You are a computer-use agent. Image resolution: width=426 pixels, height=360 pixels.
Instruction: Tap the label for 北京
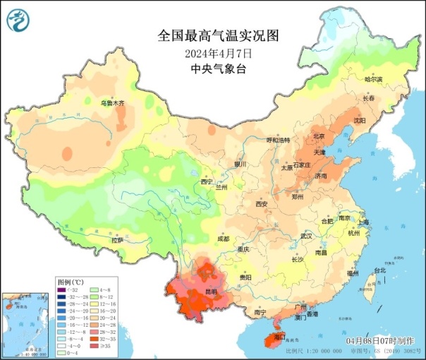click(x=319, y=136)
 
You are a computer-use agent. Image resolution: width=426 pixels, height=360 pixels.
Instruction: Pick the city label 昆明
click(x=210, y=291)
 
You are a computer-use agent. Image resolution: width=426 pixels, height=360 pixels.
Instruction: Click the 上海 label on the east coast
click(x=363, y=222)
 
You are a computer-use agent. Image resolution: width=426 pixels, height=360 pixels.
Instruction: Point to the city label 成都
click(x=223, y=239)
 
